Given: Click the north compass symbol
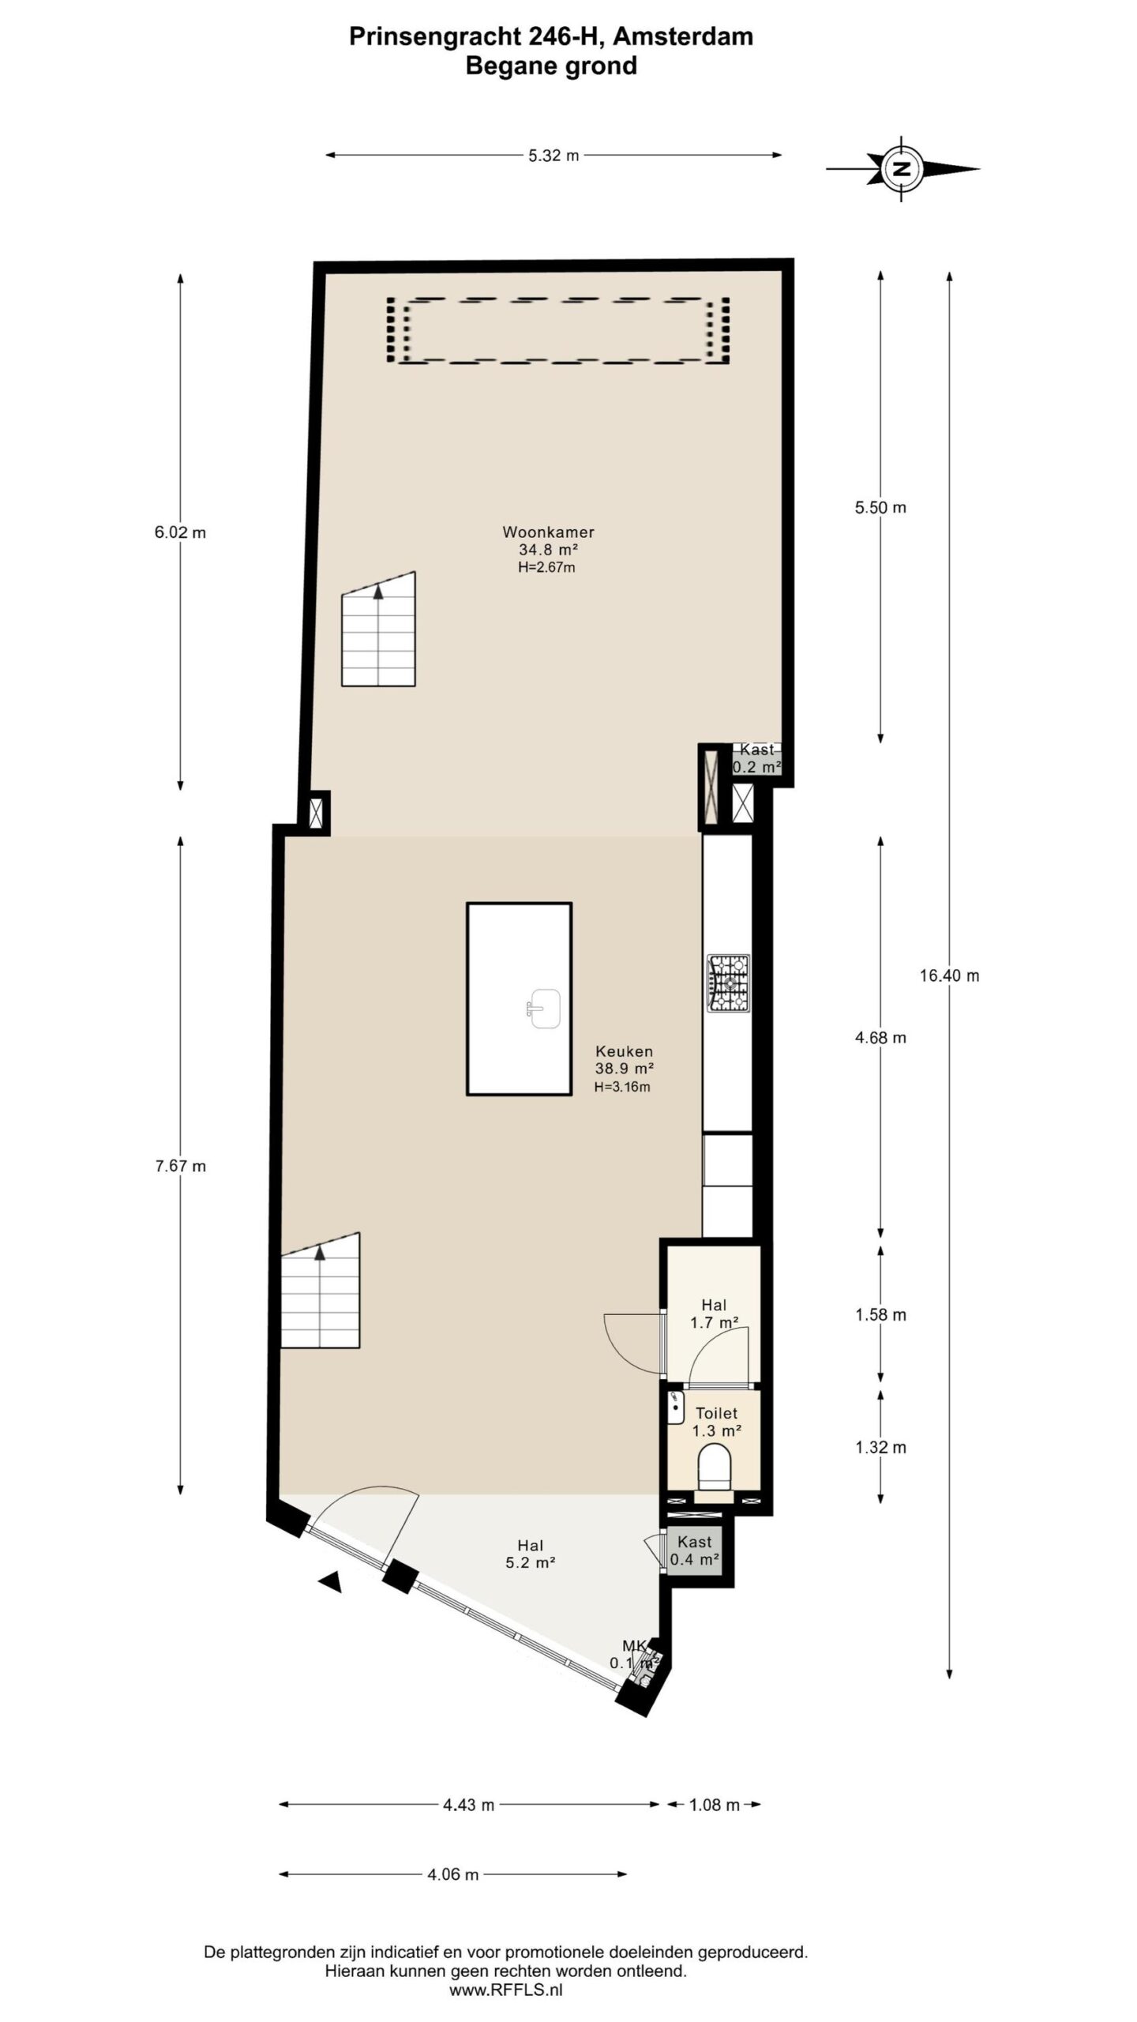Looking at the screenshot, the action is pyautogui.click(x=902, y=168).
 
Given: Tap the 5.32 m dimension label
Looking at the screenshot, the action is pyautogui.click(x=553, y=156).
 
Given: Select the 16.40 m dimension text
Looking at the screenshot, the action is pyautogui.click(x=949, y=975).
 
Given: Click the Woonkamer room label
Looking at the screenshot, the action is pyautogui.click(x=548, y=532).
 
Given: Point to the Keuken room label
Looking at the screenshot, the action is pyautogui.click(x=624, y=1051).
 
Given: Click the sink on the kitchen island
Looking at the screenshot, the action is pyautogui.click(x=544, y=1009).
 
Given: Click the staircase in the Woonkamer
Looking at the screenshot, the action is pyautogui.click(x=378, y=629).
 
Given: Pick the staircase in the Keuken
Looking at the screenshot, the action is pyautogui.click(x=321, y=1290).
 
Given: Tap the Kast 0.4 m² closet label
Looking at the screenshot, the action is pyautogui.click(x=694, y=1550).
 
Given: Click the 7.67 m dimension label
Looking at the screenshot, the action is pyautogui.click(x=181, y=1166).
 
